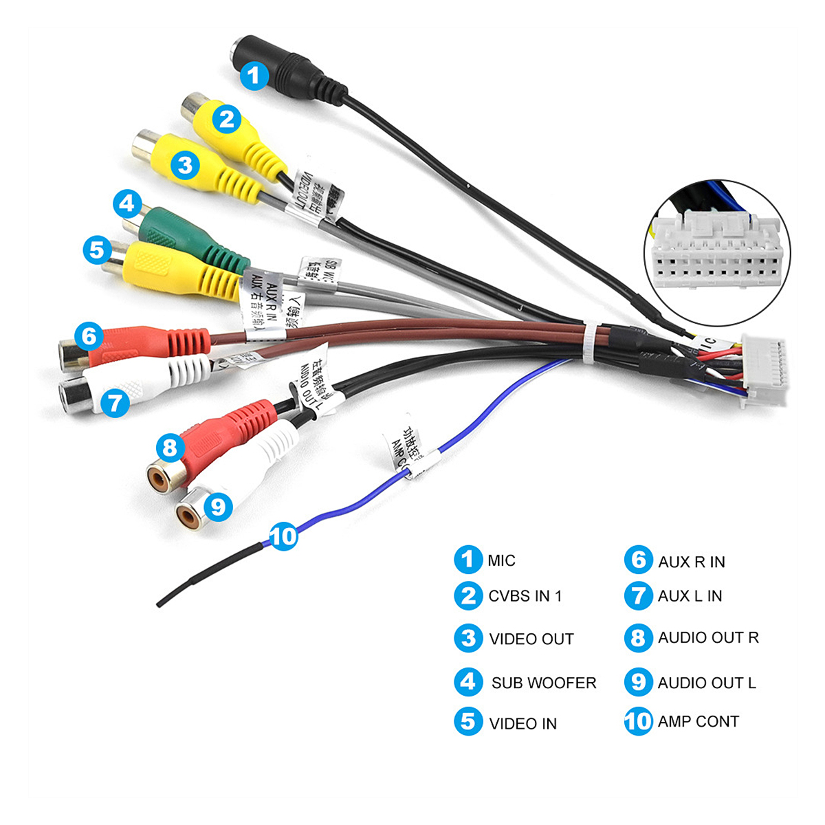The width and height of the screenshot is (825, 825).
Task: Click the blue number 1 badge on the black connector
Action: (254, 75)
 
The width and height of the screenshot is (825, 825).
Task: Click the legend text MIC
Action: (501, 561)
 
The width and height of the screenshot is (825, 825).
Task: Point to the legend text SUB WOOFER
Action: (544, 683)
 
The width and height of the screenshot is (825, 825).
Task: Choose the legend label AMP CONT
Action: (698, 722)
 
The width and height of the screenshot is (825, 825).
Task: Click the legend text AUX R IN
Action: (691, 562)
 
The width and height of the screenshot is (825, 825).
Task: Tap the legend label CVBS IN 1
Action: (525, 596)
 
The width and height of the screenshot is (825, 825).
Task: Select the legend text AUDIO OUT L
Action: (706, 683)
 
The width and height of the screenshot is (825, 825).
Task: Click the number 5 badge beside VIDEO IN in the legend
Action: (468, 722)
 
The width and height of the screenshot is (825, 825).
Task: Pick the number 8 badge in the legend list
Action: (638, 638)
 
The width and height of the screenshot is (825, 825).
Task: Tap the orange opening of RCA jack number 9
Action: (188, 515)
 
